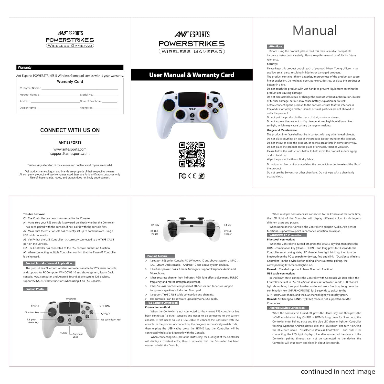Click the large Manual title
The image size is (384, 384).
(x=315, y=30)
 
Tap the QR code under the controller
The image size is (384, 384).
(x=192, y=154)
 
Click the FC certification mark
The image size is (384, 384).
(x=182, y=176)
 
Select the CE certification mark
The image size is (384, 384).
(x=192, y=176)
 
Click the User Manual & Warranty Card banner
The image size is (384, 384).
(x=192, y=75)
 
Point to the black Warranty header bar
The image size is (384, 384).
(x=70, y=67)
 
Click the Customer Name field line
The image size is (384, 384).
(x=80, y=89)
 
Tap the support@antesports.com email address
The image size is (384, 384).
(x=70, y=154)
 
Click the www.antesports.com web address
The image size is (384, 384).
(x=70, y=149)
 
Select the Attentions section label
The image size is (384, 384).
(x=275, y=46)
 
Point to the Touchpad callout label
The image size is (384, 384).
(x=71, y=299)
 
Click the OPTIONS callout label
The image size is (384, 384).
(x=105, y=306)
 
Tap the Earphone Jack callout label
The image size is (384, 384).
(x=78, y=335)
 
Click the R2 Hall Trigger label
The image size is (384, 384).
(x=154, y=232)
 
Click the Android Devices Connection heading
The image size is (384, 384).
(x=288, y=308)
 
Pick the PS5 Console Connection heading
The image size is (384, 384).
(x=162, y=303)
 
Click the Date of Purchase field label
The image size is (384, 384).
(x=91, y=101)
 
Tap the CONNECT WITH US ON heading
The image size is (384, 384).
(x=70, y=130)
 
